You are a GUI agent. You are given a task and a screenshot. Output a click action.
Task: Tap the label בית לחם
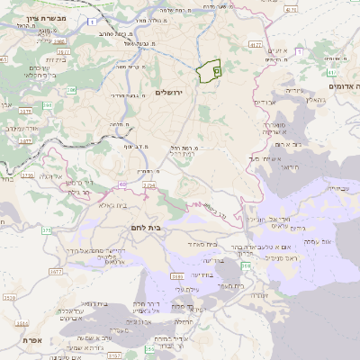point(144,228)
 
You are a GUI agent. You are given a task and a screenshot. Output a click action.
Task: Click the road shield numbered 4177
point(256,44)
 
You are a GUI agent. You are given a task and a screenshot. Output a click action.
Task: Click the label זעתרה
point(257,293)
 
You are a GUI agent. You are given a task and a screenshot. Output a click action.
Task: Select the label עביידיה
point(335,188)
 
